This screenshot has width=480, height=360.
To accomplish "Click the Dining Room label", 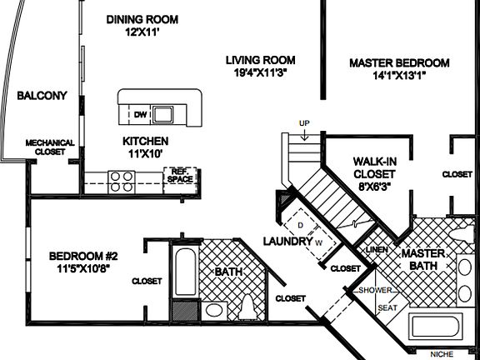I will click(x=142, y=19).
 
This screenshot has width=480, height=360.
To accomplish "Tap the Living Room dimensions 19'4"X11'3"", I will click(x=262, y=72).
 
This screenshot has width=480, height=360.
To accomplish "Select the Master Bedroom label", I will click(x=399, y=62).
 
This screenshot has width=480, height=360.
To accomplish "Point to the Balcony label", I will click(x=41, y=96).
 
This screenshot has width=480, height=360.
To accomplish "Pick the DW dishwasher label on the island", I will click(x=141, y=113).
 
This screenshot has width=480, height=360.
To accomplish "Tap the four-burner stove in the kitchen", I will click(x=122, y=177).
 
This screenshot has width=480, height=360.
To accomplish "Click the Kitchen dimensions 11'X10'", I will click(x=146, y=154).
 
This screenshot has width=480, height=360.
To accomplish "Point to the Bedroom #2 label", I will click(x=81, y=256).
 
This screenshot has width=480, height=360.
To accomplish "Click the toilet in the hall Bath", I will click(x=247, y=309).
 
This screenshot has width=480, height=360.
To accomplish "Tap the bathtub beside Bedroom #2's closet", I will click(x=185, y=272).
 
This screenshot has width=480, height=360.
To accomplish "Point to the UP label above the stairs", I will click(x=305, y=124).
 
